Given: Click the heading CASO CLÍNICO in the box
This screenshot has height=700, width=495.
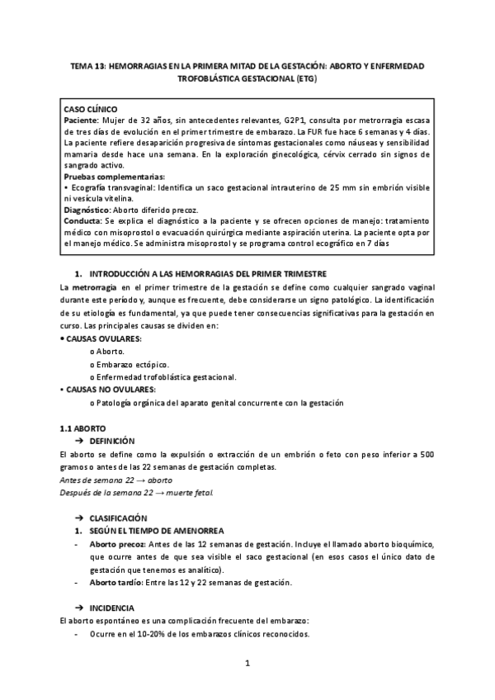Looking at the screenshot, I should pyautogui.click(x=91, y=109).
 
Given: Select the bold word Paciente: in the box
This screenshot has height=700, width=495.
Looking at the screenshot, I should pyautogui.click(x=82, y=121).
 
